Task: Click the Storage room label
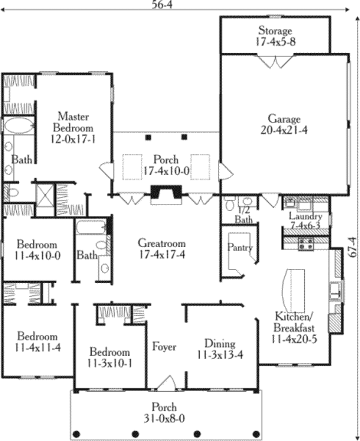tap(275, 31)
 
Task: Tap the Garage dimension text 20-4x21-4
tap(275, 130)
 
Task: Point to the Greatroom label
tap(161, 244)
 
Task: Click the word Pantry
tap(240, 247)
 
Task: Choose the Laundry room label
tap(305, 217)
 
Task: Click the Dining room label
tap(220, 344)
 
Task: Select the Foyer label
tap(164, 347)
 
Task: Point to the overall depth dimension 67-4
tap(353, 245)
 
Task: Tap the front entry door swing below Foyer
tap(167, 382)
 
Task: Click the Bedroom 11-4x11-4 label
tap(37, 341)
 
